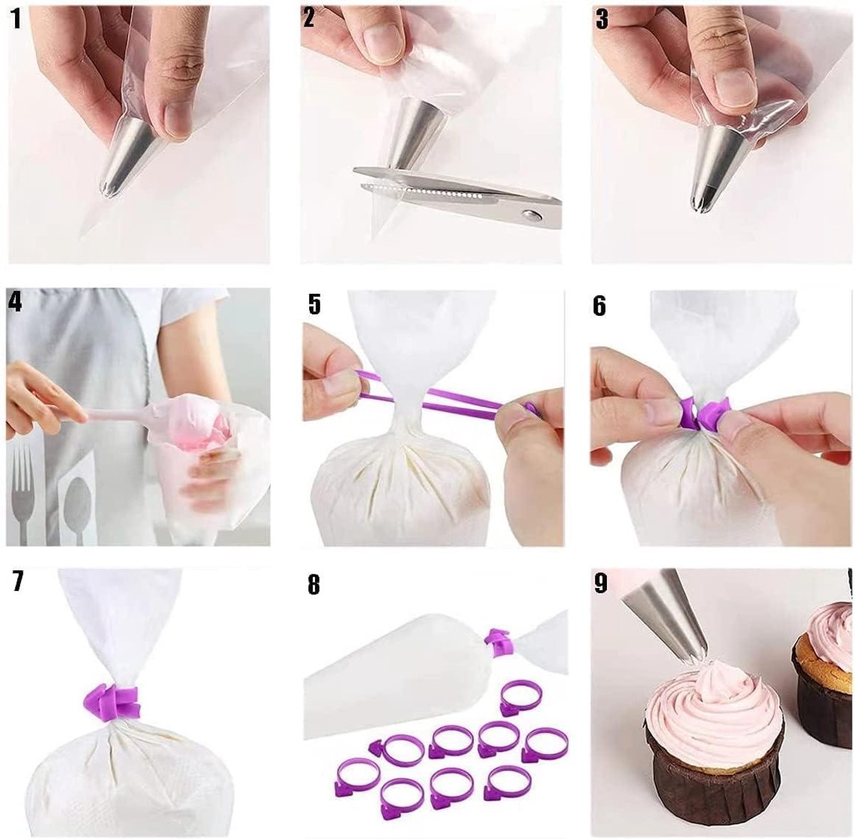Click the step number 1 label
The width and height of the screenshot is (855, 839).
(16, 19)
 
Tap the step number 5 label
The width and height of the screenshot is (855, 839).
(314, 304)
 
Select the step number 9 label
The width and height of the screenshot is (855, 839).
(601, 582)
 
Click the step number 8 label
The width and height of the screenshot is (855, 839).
(313, 585)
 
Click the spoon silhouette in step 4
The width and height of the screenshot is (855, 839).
(77, 499)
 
